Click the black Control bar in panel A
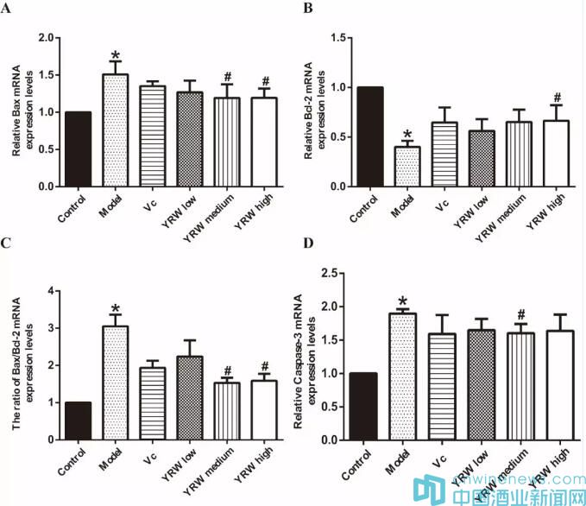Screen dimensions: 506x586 click(78, 149)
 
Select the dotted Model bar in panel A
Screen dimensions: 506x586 click(116, 130)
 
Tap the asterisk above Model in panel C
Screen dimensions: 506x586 click(117, 308)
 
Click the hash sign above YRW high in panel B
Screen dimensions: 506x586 click(558, 98)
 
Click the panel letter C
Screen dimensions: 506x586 click(8, 244)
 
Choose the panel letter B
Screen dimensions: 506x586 click(308, 7)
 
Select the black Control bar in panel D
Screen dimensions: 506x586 click(364, 406)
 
